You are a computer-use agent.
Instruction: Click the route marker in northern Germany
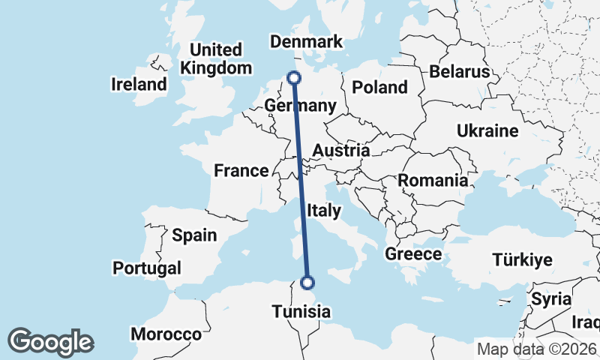(x=294, y=77)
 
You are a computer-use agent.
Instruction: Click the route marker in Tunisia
(x=307, y=283)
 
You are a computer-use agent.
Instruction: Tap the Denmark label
(x=306, y=42)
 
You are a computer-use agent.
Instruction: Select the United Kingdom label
(x=216, y=58)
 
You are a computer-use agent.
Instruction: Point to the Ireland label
(x=139, y=84)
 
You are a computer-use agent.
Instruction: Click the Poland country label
(x=379, y=87)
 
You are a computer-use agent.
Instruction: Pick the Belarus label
(x=459, y=72)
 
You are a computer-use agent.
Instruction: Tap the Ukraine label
(x=487, y=131)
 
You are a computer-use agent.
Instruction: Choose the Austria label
(x=340, y=151)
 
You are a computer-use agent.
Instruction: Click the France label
(x=241, y=171)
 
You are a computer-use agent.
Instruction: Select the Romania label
(x=433, y=181)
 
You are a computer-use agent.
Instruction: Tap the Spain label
(x=194, y=235)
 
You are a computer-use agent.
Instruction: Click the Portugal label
(x=147, y=268)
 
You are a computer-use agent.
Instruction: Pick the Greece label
(x=413, y=254)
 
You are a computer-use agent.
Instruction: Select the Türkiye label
(x=522, y=260)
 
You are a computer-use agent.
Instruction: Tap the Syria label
(x=550, y=298)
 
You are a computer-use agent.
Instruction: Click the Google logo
(x=50, y=342)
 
